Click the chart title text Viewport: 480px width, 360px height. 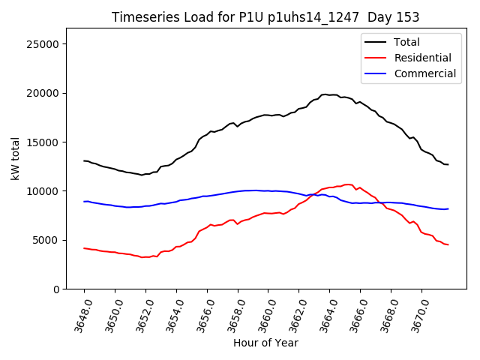265,17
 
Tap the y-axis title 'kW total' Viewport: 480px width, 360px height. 15,158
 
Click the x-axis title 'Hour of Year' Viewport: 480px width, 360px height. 265,343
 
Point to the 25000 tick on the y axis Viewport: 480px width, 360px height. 43,44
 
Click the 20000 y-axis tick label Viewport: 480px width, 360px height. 43,93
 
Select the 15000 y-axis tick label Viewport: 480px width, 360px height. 43,142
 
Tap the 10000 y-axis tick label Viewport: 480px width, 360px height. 43,191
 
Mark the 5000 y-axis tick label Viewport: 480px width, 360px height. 46,240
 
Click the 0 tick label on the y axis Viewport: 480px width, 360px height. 55,289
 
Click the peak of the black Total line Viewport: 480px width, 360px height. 326,94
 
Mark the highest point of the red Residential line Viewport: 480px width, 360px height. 347,184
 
